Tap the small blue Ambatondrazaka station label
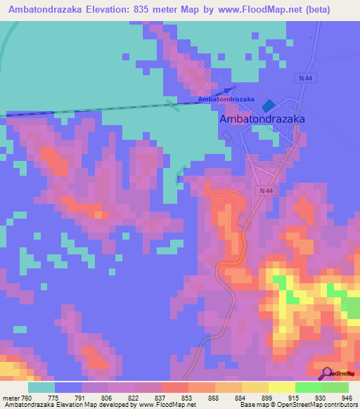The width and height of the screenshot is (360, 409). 226,99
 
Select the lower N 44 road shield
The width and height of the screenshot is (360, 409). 264,190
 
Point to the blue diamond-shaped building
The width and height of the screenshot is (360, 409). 269,106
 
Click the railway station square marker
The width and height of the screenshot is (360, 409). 228,90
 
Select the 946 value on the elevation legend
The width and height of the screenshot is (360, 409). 346,397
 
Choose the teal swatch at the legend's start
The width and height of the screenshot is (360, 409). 41,387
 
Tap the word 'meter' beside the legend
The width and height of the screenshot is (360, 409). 11,397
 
